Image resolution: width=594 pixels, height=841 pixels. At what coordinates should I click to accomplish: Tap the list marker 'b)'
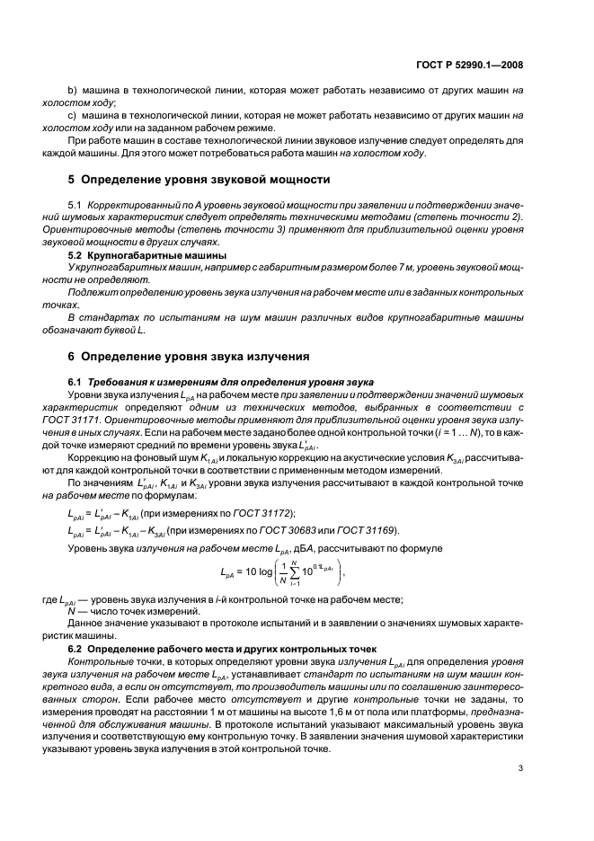[74, 92]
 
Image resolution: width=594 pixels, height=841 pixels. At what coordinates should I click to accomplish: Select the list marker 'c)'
[74, 116]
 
